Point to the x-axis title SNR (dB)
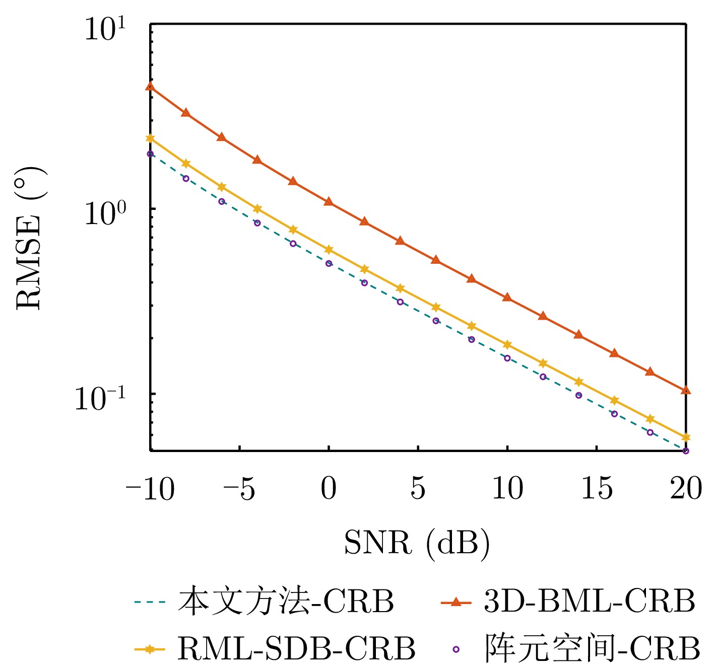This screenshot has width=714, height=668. [x=417, y=543]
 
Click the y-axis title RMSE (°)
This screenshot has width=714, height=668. [x=30, y=238]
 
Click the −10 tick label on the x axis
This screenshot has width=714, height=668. [x=150, y=488]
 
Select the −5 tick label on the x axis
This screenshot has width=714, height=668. [x=239, y=488]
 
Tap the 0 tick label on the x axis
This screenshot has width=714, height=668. [x=329, y=488]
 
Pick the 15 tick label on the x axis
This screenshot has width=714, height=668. [x=597, y=488]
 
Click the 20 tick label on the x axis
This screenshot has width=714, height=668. [x=686, y=488]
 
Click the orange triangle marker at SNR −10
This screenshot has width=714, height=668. [x=150, y=87]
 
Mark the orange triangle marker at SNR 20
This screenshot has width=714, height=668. [x=686, y=390]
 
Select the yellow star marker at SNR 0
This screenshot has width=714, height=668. [x=329, y=250]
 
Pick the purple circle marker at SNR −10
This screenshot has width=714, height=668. [x=150, y=154]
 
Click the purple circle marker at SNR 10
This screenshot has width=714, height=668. [x=507, y=358]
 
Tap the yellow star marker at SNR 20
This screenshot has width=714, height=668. [x=686, y=437]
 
